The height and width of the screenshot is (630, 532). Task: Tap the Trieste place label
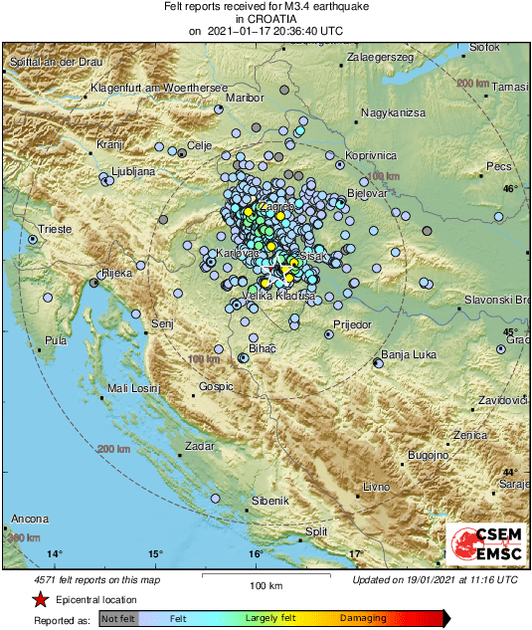coord(55,229)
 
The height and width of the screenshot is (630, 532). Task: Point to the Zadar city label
coord(200,446)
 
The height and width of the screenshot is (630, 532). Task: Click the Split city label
coord(316,531)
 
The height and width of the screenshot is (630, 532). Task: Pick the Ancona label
coord(29,520)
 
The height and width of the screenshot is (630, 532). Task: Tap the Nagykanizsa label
coord(393,112)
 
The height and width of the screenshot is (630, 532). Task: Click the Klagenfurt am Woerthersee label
coord(160,89)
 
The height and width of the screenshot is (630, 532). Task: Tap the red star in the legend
coord(40,599)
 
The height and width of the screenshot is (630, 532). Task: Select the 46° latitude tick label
coord(510,188)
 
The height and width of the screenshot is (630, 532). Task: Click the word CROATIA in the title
coord(266,18)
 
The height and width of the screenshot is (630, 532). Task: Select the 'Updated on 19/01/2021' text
coord(435,578)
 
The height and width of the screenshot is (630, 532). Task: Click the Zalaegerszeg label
coord(380,58)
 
